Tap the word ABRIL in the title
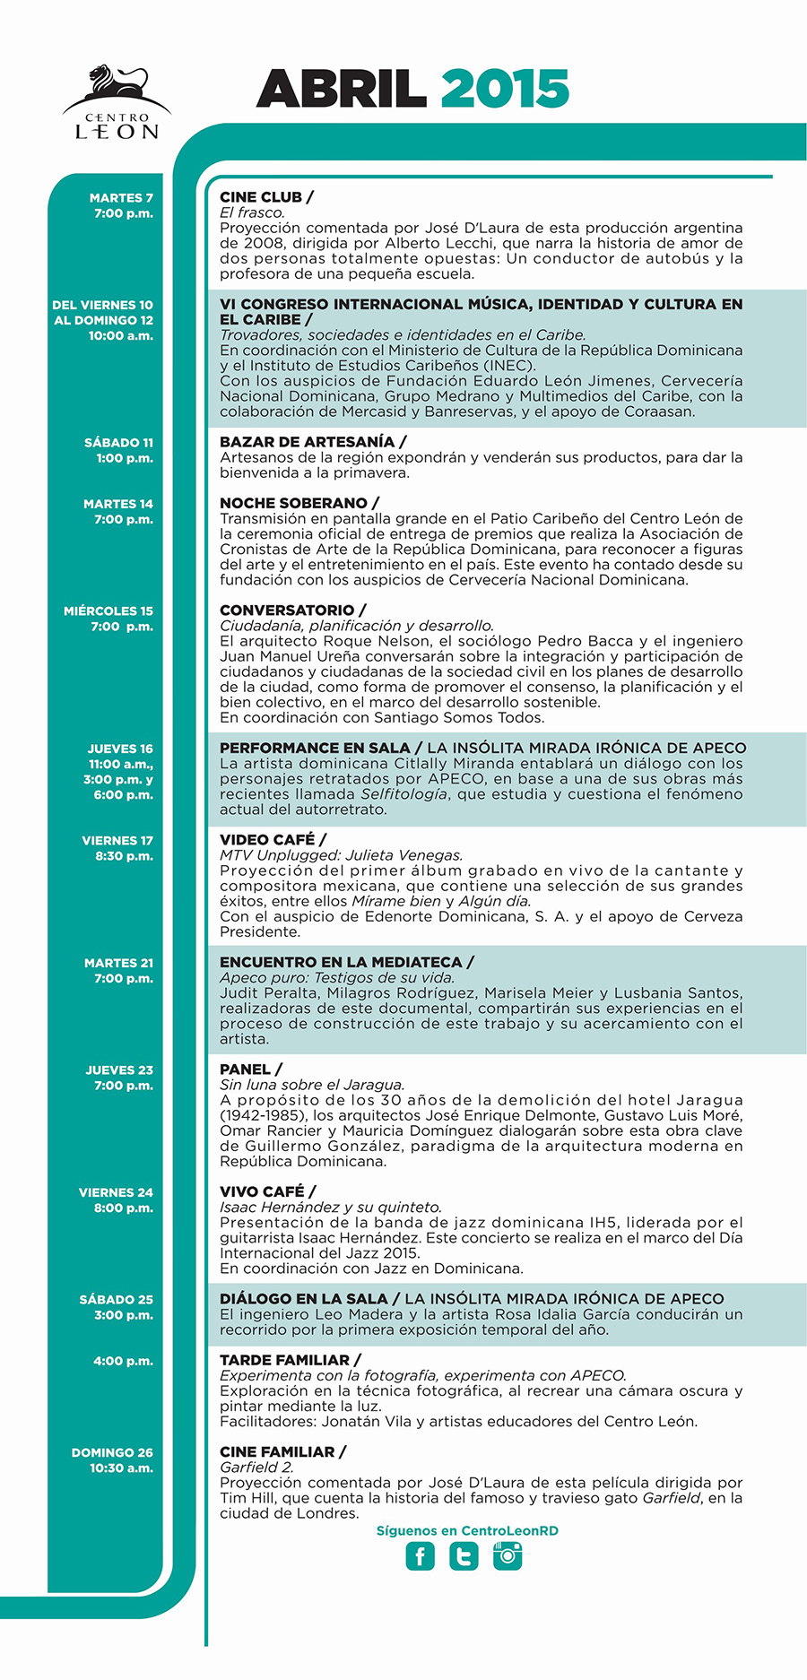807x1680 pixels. [341, 89]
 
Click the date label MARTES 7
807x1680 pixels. [121, 198]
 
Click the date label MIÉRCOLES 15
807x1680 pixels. [108, 611]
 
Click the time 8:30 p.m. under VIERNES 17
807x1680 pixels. [125, 856]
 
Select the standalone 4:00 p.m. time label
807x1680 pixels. [123, 1361]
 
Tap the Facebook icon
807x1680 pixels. [420, 1556]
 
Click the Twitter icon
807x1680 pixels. [464, 1556]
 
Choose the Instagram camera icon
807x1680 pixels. [508, 1556]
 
